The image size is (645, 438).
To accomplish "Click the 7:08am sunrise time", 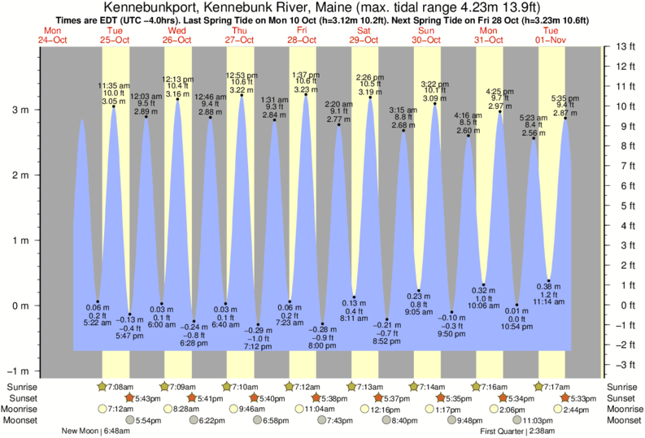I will click(122, 386).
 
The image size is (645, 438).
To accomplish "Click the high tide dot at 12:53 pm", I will click(242, 95).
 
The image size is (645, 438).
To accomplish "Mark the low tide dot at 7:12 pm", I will click(258, 324).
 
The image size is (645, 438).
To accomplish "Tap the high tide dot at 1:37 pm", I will click(306, 95).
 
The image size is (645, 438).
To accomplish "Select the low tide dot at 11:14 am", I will click(548, 281).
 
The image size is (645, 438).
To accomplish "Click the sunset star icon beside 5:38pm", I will click(316, 397).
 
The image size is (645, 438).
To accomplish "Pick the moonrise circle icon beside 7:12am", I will click(102, 409).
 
